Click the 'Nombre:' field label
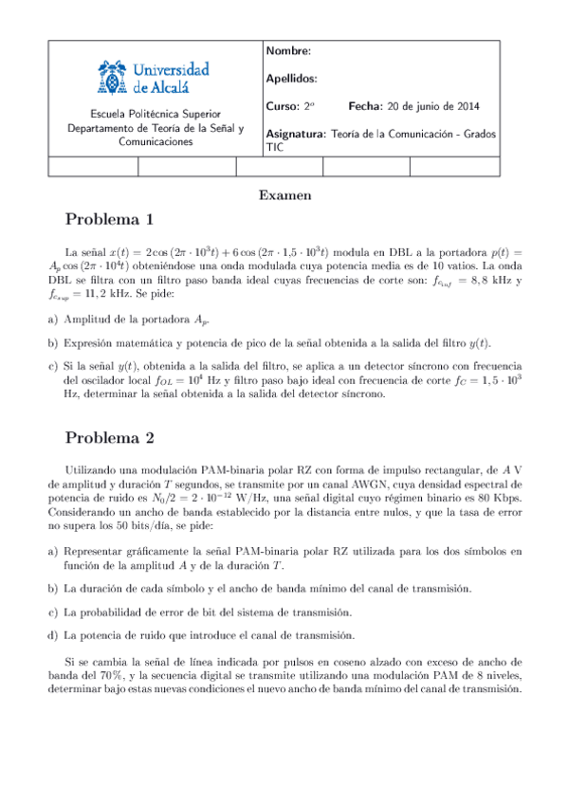pos(288,51)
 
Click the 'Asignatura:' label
pos(297,134)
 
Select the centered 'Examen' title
pos(284,195)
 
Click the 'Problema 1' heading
pos(109,220)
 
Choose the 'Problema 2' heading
pos(109,438)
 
